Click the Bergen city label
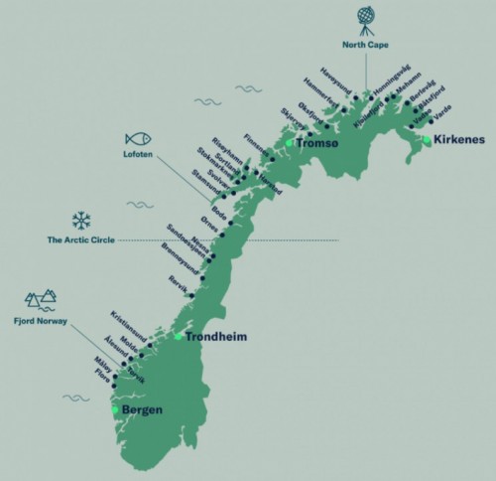(x=142, y=409)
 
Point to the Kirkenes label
(x=459, y=140)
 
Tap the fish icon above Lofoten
(x=138, y=140)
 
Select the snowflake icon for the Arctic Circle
(x=80, y=220)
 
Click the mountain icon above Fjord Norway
(x=40, y=297)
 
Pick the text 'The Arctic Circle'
(x=80, y=240)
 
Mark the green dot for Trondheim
(x=179, y=336)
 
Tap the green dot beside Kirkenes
(x=426, y=141)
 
